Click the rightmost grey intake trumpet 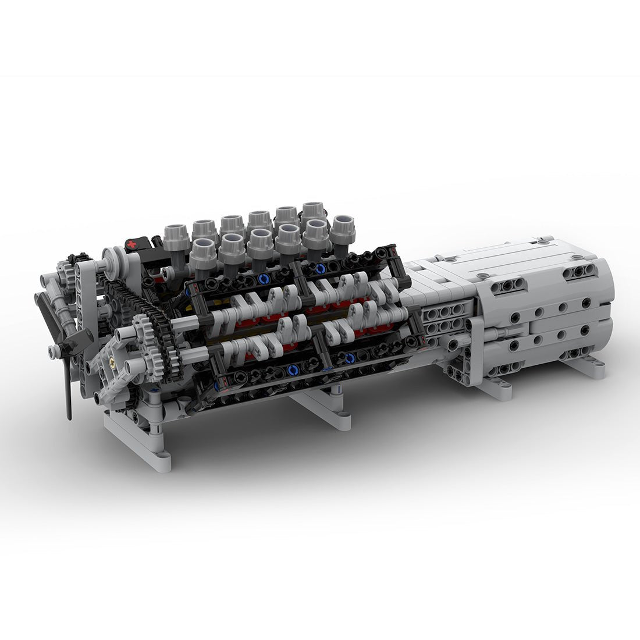(x=343, y=228)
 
